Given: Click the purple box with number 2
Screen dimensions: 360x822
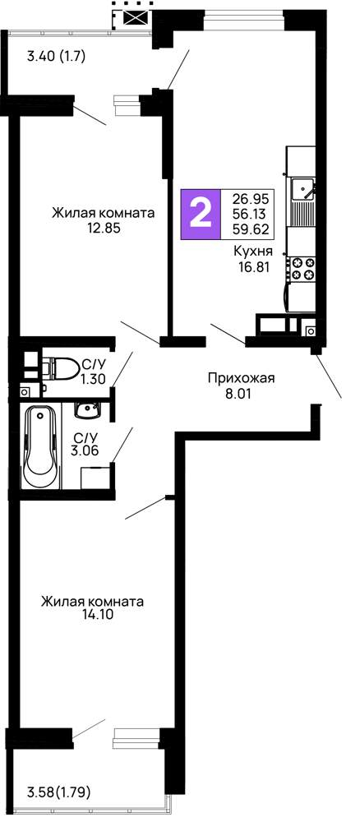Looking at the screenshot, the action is pyautogui.click(x=200, y=214).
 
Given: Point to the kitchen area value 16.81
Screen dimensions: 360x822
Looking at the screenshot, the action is pyautogui.click(x=254, y=267).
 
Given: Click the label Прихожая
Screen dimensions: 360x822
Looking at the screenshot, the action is pyautogui.click(x=241, y=378).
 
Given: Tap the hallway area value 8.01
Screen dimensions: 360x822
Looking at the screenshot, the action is pyautogui.click(x=242, y=393).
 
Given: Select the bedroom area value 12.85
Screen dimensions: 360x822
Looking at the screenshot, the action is pyautogui.click(x=104, y=228).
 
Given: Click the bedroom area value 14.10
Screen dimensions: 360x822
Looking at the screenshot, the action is pyautogui.click(x=93, y=616).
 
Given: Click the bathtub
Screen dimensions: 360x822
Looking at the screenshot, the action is pyautogui.click(x=41, y=447).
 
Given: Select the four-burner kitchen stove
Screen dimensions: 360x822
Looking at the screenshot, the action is pyautogui.click(x=302, y=269).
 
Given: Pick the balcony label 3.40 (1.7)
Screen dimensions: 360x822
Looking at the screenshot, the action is pyautogui.click(x=56, y=56).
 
